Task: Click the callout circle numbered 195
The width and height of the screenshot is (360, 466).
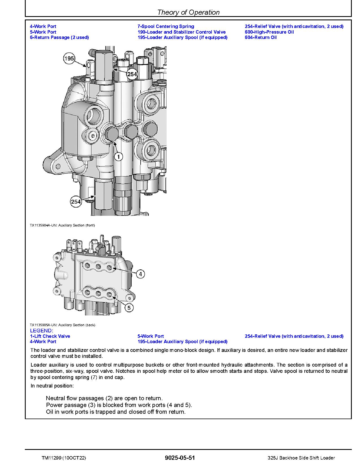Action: (x=69, y=59)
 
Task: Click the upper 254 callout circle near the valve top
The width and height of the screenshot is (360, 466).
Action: (x=132, y=74)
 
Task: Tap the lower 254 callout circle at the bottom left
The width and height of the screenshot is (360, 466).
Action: (x=76, y=202)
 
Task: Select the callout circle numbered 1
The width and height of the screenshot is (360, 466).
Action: (x=119, y=156)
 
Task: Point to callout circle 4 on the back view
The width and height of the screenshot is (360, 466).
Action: (x=140, y=274)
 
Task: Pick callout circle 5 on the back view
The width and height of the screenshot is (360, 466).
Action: (x=129, y=308)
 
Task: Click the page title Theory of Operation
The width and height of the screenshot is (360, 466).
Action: (x=188, y=12)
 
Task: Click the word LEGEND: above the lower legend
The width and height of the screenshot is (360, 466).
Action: (x=42, y=330)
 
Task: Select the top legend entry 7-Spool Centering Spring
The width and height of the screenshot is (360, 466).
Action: (x=166, y=26)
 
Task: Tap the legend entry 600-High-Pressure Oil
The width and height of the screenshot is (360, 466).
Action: (x=269, y=32)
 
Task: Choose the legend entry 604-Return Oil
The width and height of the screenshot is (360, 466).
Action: (x=261, y=37)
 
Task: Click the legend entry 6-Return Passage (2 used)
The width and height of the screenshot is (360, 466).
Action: (x=59, y=37)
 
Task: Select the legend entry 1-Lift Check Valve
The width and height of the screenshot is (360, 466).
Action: (x=50, y=336)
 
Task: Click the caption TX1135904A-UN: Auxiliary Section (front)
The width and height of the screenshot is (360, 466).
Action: (x=62, y=225)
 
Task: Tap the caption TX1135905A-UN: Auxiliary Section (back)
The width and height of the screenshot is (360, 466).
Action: (x=62, y=325)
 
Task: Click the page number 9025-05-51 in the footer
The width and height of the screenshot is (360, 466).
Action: (x=180, y=458)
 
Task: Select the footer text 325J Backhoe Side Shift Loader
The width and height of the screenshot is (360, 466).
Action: (x=301, y=458)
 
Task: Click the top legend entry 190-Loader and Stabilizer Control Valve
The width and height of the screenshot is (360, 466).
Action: (x=182, y=32)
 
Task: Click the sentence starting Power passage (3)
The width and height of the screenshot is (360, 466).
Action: (x=119, y=405)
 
